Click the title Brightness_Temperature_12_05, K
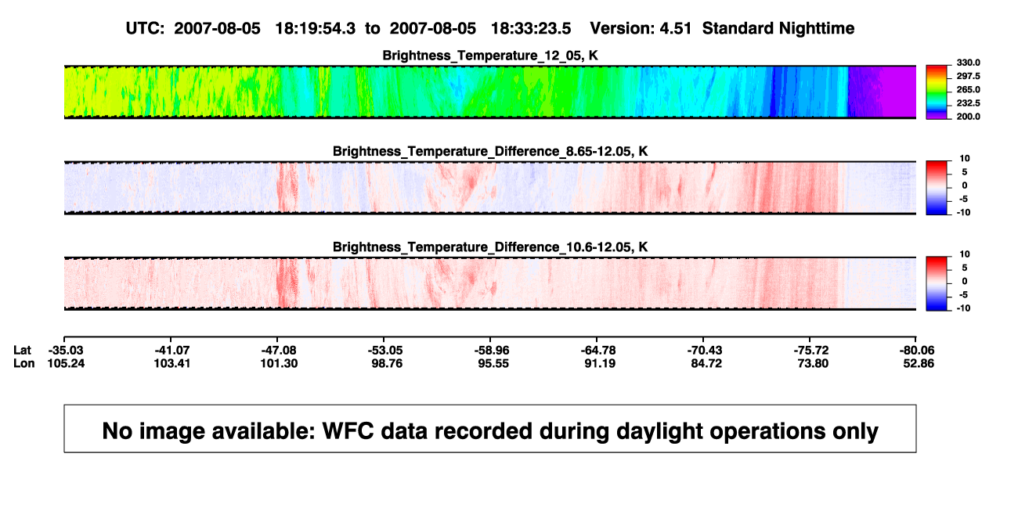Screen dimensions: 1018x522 [490, 56]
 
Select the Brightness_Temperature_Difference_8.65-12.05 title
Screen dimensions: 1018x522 [490, 151]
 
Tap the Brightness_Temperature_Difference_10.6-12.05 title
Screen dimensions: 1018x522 [490, 247]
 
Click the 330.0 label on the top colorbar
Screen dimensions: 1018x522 [968, 63]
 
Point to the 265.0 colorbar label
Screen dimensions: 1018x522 [968, 89]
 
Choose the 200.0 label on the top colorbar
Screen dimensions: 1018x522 [968, 117]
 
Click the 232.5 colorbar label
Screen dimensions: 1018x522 [968, 103]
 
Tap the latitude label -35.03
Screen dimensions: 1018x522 [66, 351]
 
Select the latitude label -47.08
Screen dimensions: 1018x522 [279, 351]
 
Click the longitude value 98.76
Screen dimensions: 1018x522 [387, 364]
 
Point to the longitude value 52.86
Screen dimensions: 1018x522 [919, 364]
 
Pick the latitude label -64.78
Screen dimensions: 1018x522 [598, 351]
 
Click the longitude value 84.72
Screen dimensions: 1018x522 [706, 364]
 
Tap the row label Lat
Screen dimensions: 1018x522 [22, 351]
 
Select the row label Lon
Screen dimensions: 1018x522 [24, 364]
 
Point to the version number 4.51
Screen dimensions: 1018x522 [675, 29]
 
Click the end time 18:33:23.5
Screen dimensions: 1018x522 [531, 29]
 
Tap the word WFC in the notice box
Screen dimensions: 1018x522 [348, 431]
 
